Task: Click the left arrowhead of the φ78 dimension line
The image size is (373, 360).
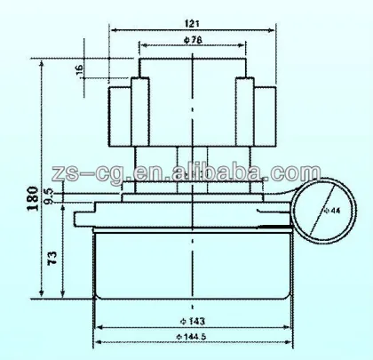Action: pos(142,44)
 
